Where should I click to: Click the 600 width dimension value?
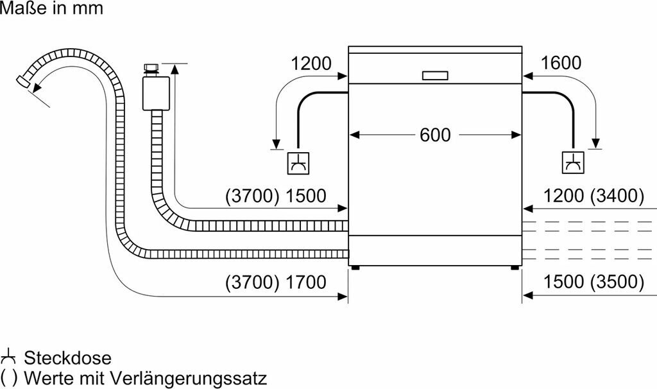click(435, 135)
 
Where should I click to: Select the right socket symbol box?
click(572, 162)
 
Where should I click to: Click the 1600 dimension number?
click(561, 64)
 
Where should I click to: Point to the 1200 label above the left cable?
click(311, 64)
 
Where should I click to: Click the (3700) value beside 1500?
click(252, 196)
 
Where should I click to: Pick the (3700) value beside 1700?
click(252, 282)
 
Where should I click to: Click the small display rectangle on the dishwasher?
click(436, 76)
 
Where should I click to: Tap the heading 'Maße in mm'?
click(51, 9)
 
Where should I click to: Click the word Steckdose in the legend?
click(67, 358)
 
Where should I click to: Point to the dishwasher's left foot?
click(354, 266)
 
